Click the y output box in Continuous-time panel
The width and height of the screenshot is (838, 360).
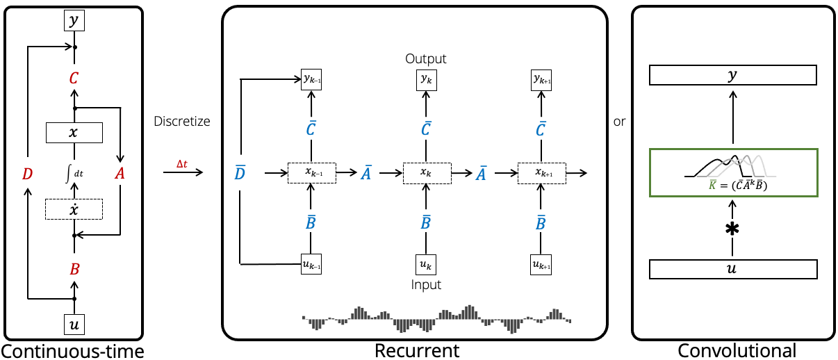[x=74, y=21]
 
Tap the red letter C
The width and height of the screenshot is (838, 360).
[x=74, y=78]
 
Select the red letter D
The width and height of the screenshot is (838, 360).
[x=27, y=174]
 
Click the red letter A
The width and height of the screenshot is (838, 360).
[x=120, y=174]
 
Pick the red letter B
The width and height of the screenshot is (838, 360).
[x=74, y=269]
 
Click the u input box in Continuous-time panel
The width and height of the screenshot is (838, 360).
[x=74, y=323]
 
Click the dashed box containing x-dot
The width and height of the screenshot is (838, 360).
[x=74, y=209]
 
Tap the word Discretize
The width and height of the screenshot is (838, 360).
[x=182, y=122]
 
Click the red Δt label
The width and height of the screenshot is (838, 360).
[x=181, y=164]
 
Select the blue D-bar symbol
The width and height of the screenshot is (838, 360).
[x=240, y=173]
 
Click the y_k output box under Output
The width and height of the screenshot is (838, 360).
[x=426, y=81]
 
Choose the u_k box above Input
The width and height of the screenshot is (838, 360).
[x=426, y=264]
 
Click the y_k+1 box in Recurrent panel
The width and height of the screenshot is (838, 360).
[x=541, y=81]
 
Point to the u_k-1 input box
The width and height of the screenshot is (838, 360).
[x=311, y=264]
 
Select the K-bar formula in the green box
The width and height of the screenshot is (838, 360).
[x=732, y=186]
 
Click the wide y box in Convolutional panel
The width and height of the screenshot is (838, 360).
[x=732, y=75]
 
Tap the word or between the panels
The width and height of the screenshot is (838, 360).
[x=619, y=122]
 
